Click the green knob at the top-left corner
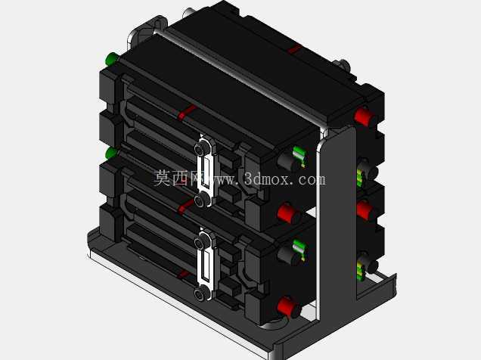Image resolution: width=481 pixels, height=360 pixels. pos(112,59)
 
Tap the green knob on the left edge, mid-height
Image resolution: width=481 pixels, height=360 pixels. pos(111,153)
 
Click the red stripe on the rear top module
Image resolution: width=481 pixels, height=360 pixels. pos(295,48)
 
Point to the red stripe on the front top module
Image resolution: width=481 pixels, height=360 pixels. pos(187,112)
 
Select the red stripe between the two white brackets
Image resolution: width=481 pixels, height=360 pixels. pos(186,206)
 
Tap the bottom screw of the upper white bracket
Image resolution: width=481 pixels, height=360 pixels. pos(201,200)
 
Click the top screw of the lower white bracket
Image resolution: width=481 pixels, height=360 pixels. pos(200,244)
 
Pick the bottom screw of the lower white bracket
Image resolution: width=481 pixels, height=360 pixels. pos(200,294)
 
